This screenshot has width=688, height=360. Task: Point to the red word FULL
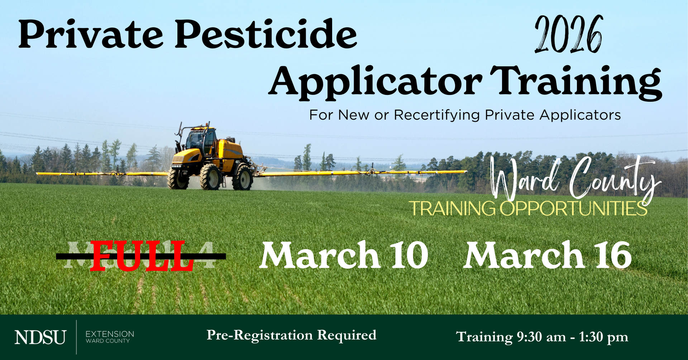pyautogui.click(x=142, y=256)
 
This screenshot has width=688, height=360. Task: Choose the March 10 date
pyautogui.click(x=344, y=255)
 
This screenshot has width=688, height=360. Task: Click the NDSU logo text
pyautogui.click(x=40, y=337)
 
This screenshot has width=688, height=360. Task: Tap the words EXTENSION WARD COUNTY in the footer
pyautogui.click(x=110, y=337)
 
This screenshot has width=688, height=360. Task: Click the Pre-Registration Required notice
pyautogui.click(x=291, y=335)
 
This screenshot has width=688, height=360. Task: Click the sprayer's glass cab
pyautogui.click(x=201, y=140)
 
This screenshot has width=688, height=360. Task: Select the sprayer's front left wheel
pyautogui.click(x=210, y=177)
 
